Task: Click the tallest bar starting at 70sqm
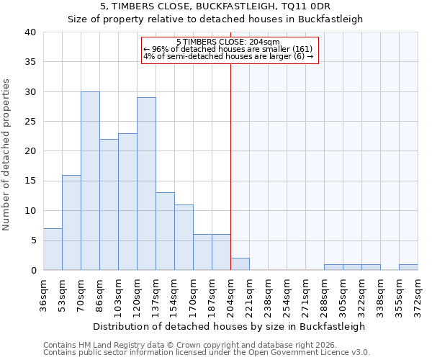click(x=90, y=181)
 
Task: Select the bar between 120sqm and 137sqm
click(x=146, y=184)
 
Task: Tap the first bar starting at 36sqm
click(x=53, y=249)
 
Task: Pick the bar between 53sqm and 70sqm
click(x=71, y=222)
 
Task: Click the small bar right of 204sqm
click(x=240, y=264)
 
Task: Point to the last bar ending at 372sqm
click(x=408, y=267)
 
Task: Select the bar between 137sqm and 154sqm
click(x=165, y=231)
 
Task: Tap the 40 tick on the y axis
click(x=30, y=32)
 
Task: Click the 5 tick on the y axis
click(x=33, y=240)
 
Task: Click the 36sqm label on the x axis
click(x=43, y=297)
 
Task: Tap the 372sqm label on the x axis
click(x=418, y=297)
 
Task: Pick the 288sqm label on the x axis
click(x=324, y=297)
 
